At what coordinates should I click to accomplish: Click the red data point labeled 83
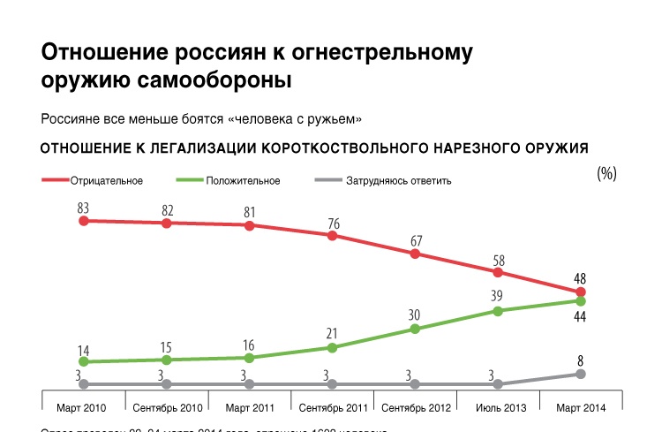[x=83, y=221]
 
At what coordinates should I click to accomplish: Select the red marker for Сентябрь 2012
[x=415, y=254]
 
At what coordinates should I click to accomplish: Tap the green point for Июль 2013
[x=498, y=311]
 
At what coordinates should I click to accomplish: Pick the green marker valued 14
[x=83, y=362]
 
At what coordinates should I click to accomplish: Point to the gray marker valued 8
[x=580, y=374]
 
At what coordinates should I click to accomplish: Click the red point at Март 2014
[x=580, y=292]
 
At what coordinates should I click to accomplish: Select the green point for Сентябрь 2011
[x=332, y=348]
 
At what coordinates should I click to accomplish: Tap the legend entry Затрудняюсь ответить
[x=396, y=181]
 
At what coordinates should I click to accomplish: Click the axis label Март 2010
[x=83, y=407]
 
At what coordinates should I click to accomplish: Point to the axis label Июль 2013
[x=498, y=407]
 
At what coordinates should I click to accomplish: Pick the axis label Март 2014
[x=580, y=407]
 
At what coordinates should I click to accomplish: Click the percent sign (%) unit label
[x=606, y=173]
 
